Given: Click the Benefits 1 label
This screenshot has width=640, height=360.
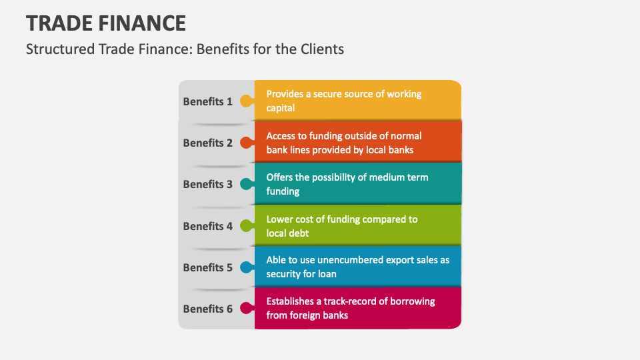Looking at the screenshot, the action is [207, 101].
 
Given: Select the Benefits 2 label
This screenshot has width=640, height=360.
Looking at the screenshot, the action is [207, 143].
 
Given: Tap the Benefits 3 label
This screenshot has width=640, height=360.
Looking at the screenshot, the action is [207, 184].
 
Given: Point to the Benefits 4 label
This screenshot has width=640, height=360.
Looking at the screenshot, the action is [207, 226].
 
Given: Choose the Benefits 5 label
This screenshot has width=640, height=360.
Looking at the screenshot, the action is [207, 267].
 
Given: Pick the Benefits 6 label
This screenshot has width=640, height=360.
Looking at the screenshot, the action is [207, 309].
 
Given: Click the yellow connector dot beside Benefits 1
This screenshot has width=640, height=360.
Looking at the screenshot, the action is [246, 101].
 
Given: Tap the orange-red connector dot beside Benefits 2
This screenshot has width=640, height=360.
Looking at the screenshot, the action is [246, 143].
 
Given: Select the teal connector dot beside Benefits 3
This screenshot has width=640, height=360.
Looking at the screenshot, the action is [246, 184].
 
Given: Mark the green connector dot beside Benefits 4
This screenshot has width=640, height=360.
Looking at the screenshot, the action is [246, 226].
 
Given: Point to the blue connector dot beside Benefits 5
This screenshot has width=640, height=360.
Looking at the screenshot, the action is [246, 267].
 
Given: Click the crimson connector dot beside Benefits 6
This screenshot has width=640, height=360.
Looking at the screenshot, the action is [246, 309].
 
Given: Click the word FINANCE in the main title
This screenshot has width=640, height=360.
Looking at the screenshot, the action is [141, 23].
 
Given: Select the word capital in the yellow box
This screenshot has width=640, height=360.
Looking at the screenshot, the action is [281, 108].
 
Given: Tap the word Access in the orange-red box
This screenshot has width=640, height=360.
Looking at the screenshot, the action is [281, 136].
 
